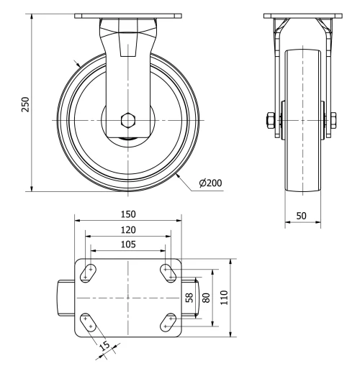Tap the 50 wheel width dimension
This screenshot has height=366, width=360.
302,215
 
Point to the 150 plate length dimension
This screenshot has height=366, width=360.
127,214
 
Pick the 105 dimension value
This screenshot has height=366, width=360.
127,245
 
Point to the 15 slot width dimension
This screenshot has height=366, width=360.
106,347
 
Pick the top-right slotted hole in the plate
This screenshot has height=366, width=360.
168,273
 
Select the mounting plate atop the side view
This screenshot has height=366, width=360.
302,17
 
